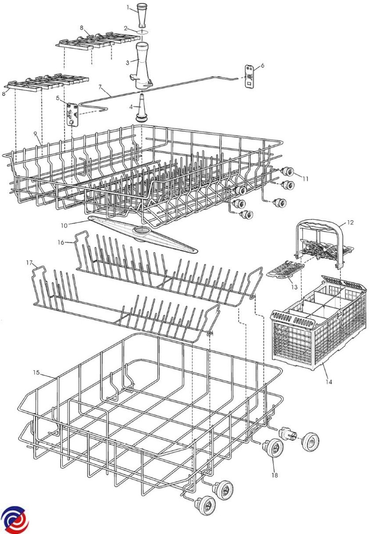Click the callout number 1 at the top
coord(128,7)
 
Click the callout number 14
coord(328,382)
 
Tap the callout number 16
coord(61,242)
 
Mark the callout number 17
coord(29,263)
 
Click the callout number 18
coord(275,475)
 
